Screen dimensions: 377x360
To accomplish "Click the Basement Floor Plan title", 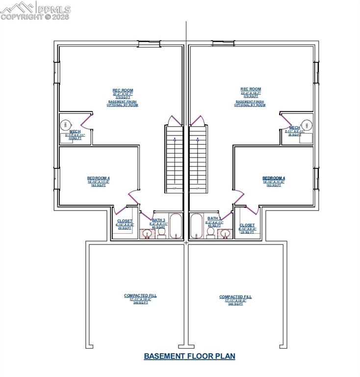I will click(189, 356).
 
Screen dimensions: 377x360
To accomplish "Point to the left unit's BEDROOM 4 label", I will click(99, 178).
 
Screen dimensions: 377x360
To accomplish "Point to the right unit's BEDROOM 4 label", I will click(274, 178).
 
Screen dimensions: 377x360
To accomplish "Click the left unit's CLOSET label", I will click(125, 221).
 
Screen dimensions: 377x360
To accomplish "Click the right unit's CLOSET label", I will click(247, 225).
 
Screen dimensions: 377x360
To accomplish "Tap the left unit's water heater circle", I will click(66, 125).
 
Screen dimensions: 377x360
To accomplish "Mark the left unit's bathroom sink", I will click(147, 233).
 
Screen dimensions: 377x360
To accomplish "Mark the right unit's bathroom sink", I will click(226, 233).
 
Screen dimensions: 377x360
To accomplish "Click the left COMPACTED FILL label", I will click(140, 296).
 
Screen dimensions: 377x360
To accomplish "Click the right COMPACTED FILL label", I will click(235, 296).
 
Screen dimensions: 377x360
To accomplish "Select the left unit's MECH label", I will click(75, 132).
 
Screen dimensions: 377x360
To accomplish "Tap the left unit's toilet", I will click(161, 232).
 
